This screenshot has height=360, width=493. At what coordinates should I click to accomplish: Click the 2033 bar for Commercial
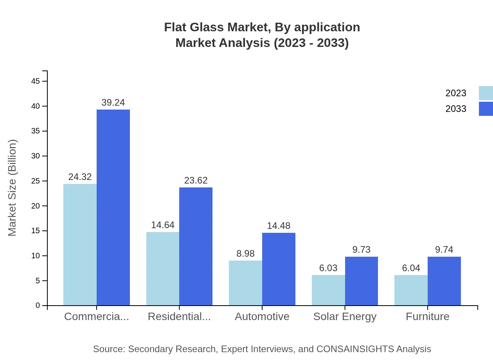click(x=113, y=207)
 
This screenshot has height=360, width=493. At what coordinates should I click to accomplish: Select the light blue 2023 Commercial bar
click(x=80, y=245)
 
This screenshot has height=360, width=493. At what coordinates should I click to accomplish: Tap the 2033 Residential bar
click(x=196, y=247)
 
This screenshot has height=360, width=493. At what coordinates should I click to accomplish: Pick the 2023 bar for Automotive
click(x=245, y=283)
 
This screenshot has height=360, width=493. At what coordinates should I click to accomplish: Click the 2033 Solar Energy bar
click(x=361, y=281)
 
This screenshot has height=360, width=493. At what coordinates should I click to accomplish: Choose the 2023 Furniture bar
click(x=411, y=290)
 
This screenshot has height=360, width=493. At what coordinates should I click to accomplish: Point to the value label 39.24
click(x=113, y=103)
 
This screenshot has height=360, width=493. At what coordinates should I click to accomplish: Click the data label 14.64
click(x=163, y=225)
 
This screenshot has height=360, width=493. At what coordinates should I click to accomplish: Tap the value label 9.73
click(x=361, y=250)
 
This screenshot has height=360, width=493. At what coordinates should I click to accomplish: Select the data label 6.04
click(x=411, y=268)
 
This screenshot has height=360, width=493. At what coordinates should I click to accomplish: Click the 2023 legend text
click(x=456, y=93)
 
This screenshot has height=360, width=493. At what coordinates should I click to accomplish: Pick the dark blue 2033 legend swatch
click(x=486, y=109)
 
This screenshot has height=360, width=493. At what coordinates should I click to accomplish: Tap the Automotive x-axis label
click(x=262, y=317)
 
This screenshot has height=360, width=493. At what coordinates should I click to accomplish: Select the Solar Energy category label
click(x=345, y=317)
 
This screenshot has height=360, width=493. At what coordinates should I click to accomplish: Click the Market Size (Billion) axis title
click(x=13, y=188)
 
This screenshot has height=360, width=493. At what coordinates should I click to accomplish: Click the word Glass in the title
click(x=211, y=27)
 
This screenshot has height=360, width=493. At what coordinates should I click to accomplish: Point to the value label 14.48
click(x=279, y=226)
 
